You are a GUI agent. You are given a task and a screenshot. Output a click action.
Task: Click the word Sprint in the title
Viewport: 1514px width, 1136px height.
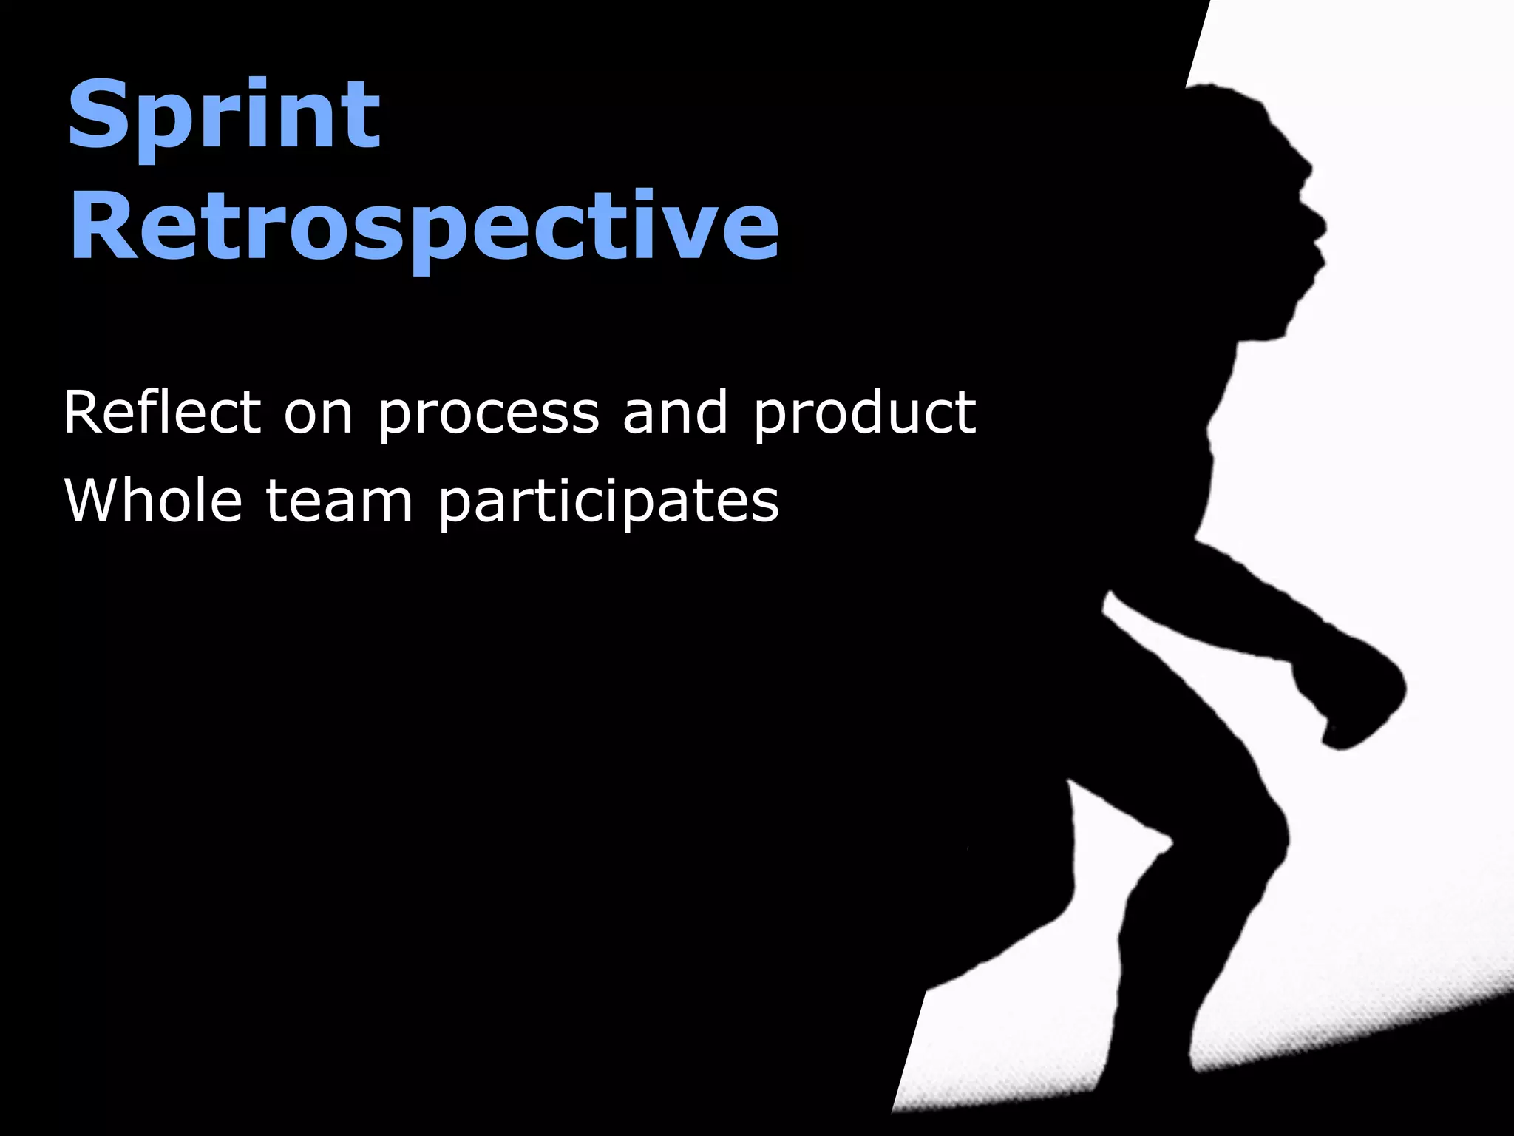tap(224, 117)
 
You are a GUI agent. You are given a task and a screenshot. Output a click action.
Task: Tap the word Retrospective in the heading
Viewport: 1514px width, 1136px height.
tap(424, 226)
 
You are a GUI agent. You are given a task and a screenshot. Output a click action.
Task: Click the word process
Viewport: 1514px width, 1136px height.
tap(488, 416)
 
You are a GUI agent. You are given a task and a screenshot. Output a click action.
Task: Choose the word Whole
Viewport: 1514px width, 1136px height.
tap(153, 501)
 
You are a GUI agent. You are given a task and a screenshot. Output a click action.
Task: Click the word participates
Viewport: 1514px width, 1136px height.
tap(608, 504)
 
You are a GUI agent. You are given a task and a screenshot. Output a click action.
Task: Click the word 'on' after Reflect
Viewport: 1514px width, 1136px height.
tap(319, 416)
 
